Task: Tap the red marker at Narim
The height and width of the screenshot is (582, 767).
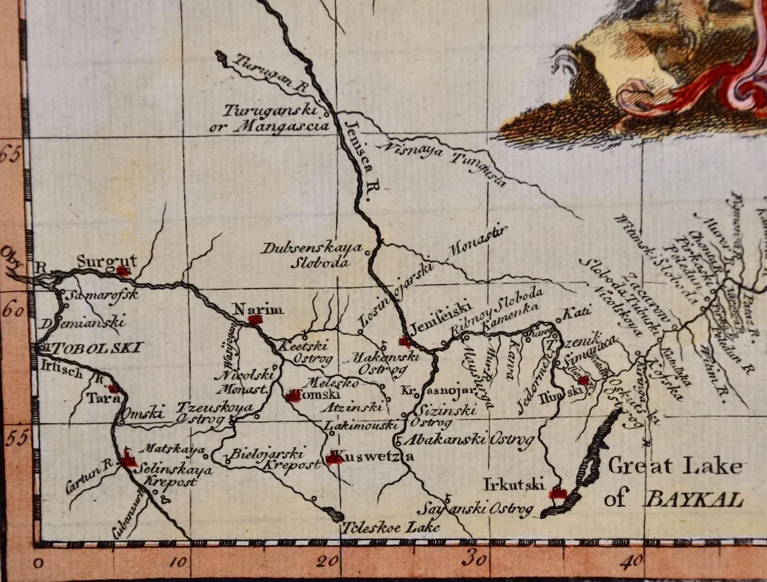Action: pos(256,320)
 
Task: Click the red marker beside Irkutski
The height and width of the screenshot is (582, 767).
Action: pos(558,493)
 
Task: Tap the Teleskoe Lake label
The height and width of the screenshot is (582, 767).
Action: pos(391,528)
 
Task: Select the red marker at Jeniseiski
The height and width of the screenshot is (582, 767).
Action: pos(405,342)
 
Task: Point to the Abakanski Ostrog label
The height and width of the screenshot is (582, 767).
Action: pos(469,441)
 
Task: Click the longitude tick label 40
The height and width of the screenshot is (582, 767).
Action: pos(632,561)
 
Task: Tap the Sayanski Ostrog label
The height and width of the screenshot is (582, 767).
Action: pos(475,510)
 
